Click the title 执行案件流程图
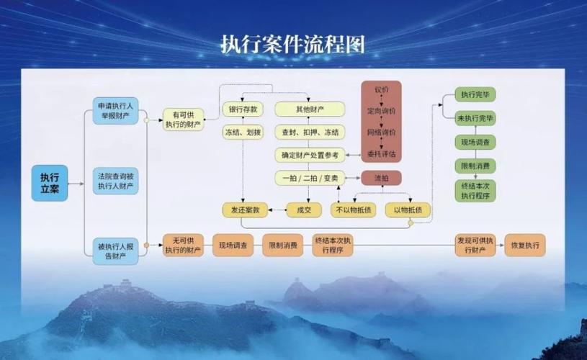(x=292, y=44)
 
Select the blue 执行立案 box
(x=50, y=183)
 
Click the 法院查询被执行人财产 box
(x=117, y=181)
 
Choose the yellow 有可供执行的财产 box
(x=182, y=120)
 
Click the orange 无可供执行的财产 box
(x=182, y=245)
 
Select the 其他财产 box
(x=310, y=109)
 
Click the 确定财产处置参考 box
(x=310, y=155)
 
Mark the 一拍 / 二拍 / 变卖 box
(x=310, y=177)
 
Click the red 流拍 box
(x=381, y=177)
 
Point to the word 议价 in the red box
(x=381, y=89)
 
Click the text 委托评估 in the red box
(x=381, y=154)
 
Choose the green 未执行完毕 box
(x=475, y=117)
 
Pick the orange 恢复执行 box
(x=524, y=245)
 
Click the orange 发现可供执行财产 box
(x=475, y=245)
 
